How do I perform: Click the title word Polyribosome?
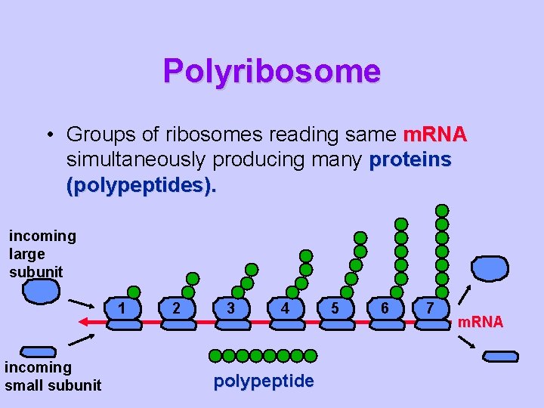tap(271, 71)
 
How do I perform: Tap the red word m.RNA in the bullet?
tap(434, 135)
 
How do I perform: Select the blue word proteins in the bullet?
tap(410, 160)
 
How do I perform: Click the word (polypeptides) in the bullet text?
tap(141, 186)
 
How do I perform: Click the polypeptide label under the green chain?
tap(264, 382)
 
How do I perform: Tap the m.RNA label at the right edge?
tap(480, 323)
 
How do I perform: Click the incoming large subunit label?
tap(42, 253)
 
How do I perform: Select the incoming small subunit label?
tap(52, 376)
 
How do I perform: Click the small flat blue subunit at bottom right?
tap(500, 356)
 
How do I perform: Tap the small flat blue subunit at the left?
tap(38, 351)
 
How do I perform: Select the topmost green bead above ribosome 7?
tap(442, 210)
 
